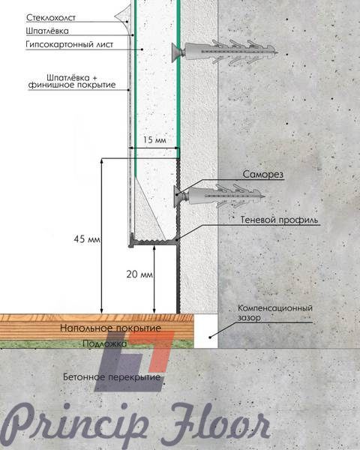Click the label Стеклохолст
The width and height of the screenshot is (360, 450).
(x=51, y=17)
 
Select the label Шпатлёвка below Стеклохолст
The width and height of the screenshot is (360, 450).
(x=47, y=31)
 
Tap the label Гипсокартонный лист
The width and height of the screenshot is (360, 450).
(x=70, y=44)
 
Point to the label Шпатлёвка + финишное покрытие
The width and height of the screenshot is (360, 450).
(x=72, y=81)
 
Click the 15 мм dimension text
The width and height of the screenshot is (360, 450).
(x=154, y=140)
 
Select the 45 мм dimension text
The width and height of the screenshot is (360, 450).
(x=87, y=239)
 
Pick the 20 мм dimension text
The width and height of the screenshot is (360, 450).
(x=139, y=274)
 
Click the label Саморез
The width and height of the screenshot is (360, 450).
(x=263, y=174)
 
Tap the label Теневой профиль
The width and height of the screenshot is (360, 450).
(x=279, y=220)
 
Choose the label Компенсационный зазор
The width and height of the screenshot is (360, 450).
(x=275, y=313)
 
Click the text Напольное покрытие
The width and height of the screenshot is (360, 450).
(x=110, y=328)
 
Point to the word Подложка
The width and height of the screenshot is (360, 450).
(x=105, y=343)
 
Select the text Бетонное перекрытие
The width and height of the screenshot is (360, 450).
(x=112, y=376)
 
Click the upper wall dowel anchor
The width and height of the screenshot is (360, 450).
(x=225, y=52)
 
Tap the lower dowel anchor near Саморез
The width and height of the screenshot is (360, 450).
(x=219, y=196)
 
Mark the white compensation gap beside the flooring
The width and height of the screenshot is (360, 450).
(x=205, y=331)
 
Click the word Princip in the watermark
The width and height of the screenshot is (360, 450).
(x=75, y=424)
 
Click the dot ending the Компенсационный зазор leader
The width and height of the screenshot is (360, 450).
(x=210, y=337)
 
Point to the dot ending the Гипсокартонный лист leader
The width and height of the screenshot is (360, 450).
(x=142, y=49)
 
